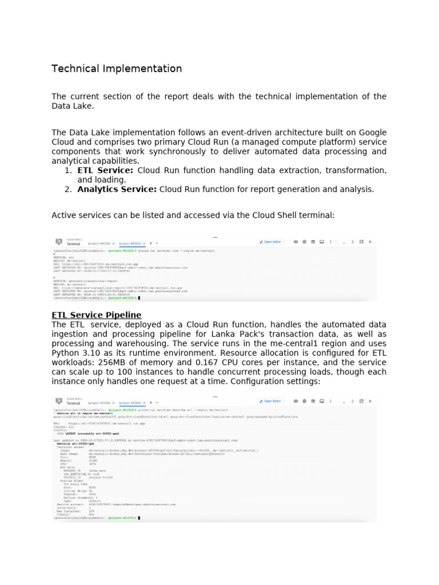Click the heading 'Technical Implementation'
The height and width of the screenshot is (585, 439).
pos(117,69)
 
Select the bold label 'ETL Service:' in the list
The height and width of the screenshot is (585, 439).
pos(105,170)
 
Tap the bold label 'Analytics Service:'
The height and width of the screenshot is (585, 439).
pos(117,189)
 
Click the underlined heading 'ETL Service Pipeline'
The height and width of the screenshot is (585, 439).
pos(96,315)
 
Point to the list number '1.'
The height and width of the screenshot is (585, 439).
pos(68,170)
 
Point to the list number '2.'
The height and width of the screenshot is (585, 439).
pos(68,189)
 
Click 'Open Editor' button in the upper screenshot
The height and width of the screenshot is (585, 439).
pos(270,242)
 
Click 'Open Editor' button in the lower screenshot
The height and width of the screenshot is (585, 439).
pos(270,401)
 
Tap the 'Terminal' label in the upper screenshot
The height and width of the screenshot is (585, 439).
pos(73,244)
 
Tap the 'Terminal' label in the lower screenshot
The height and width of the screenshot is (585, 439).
pos(73,403)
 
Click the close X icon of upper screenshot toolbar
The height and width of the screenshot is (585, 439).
pos(369,242)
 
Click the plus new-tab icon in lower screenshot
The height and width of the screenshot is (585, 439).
pos(150,402)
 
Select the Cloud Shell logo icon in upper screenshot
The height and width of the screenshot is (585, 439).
pos(58,242)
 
